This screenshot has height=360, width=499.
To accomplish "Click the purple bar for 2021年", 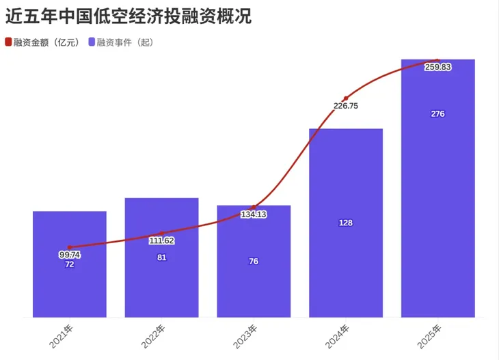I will tap(70, 287).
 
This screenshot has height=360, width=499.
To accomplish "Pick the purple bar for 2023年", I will tap(254, 287).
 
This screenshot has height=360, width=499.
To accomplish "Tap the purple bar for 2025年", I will tap(438, 205).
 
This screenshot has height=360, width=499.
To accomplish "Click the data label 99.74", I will tap(70, 255).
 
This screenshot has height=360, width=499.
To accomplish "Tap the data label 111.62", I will tap(162, 241).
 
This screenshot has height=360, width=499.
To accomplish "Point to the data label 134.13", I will tap(254, 215).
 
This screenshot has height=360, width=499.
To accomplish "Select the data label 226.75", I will tap(346, 106).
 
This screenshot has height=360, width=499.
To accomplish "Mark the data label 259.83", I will tap(438, 68).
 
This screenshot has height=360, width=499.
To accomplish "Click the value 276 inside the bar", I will tap(438, 114).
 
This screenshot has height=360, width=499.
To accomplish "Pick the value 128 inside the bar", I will tap(346, 223).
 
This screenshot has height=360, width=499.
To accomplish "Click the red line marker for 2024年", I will tap(346, 98).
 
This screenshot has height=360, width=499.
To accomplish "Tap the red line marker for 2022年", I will tap(162, 234).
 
